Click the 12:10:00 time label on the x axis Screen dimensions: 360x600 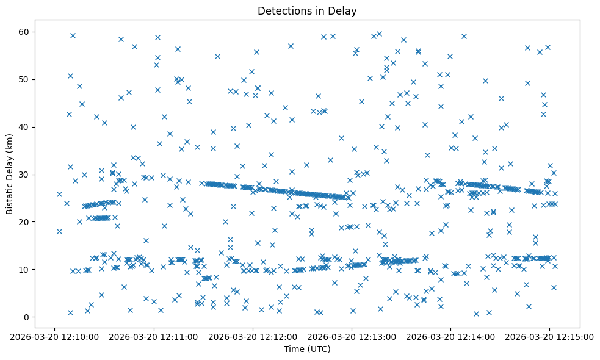tap(55, 336)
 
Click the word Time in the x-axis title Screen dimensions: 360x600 tap(294, 349)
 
